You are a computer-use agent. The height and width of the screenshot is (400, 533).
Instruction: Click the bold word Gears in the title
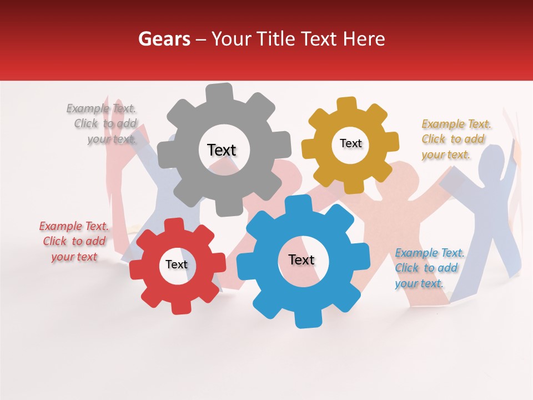click(x=164, y=39)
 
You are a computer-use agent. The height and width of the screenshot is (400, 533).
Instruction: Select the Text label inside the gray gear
click(x=222, y=150)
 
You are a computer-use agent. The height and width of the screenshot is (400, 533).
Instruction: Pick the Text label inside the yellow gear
click(x=350, y=143)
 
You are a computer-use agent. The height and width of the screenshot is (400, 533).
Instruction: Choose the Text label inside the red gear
click(x=176, y=264)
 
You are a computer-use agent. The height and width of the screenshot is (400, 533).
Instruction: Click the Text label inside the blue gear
click(x=301, y=259)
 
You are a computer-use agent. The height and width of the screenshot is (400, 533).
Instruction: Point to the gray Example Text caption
click(x=102, y=124)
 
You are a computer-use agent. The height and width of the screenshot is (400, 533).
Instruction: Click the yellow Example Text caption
click(x=455, y=139)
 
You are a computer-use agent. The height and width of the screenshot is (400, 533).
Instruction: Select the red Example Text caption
click(x=74, y=241)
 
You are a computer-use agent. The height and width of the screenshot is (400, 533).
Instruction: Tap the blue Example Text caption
click(x=429, y=268)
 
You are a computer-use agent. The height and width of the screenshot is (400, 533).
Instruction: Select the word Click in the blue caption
click(x=406, y=268)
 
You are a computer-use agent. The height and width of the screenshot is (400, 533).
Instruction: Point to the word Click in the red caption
click(x=55, y=241)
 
